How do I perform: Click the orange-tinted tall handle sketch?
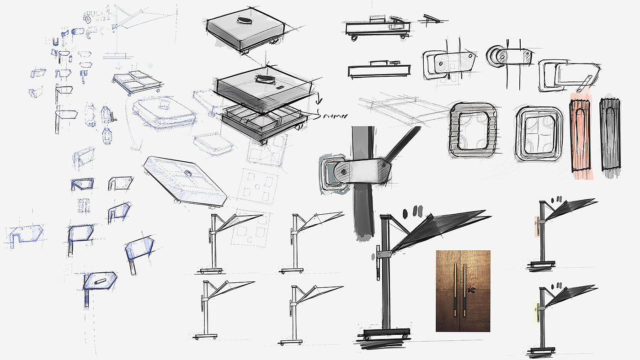[581, 137]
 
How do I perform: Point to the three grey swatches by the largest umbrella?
[413, 212]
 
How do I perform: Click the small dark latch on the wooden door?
[473, 289]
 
